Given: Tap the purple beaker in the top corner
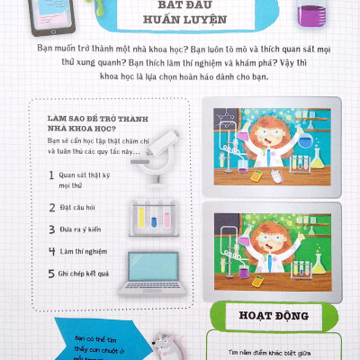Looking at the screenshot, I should [311, 14].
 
